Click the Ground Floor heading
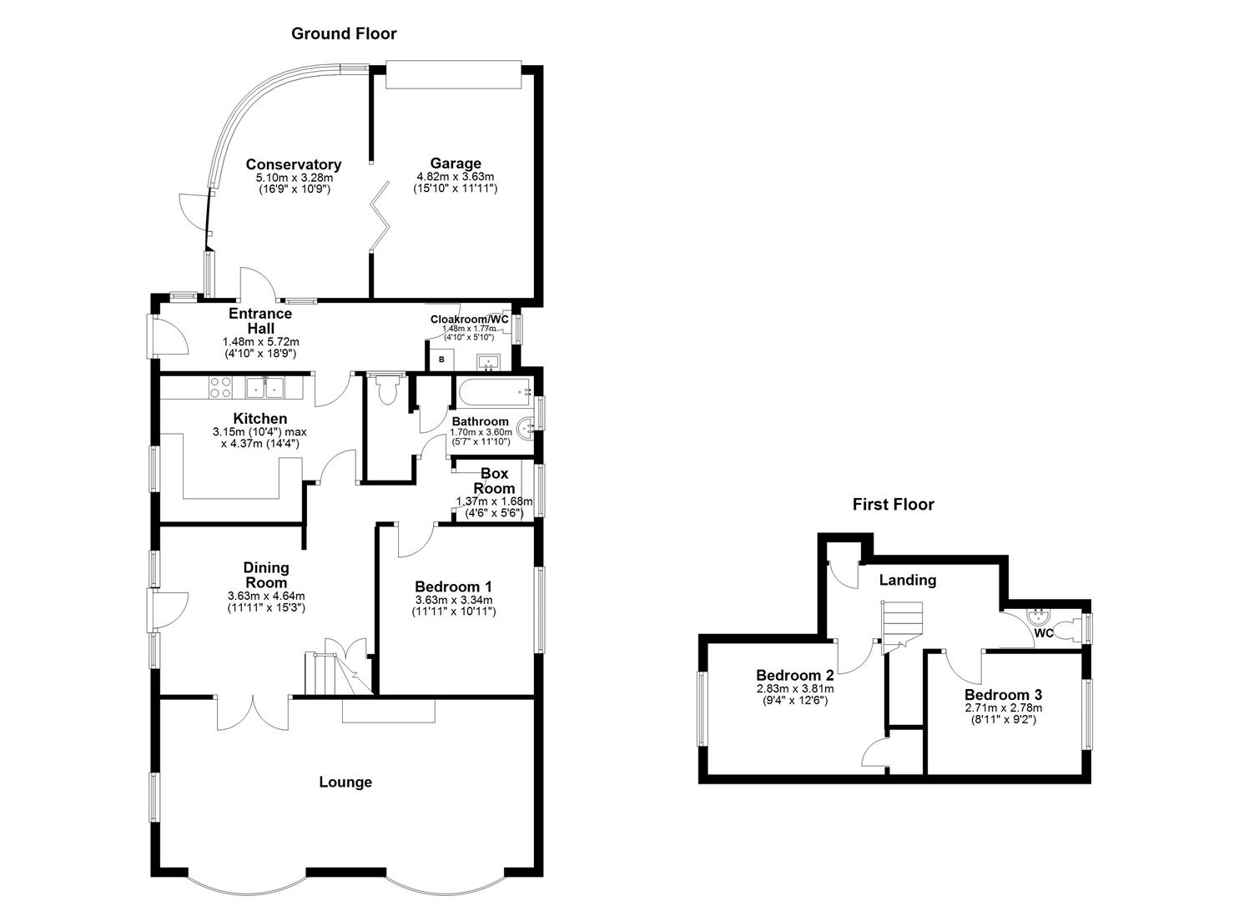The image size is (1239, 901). [x=344, y=34]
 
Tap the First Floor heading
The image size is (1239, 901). [x=893, y=504]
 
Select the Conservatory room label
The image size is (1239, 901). [x=293, y=164]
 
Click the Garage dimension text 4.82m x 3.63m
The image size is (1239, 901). [x=455, y=177]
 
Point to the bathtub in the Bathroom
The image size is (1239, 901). [x=491, y=390]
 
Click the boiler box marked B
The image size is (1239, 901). [x=441, y=360]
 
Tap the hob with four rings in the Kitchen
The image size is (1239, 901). [x=220, y=387]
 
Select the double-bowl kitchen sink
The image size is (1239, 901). [x=264, y=387]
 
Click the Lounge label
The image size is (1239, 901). [x=345, y=782]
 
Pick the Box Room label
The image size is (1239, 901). [x=494, y=481]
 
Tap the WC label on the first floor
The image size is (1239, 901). [x=1043, y=633]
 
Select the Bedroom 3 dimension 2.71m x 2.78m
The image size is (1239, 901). [x=1003, y=707]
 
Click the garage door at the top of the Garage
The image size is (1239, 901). [x=454, y=75]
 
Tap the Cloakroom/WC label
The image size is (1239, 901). [x=469, y=319]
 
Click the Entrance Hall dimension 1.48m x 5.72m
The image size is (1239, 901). [x=260, y=341]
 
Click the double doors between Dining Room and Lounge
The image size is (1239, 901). [x=254, y=714]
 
